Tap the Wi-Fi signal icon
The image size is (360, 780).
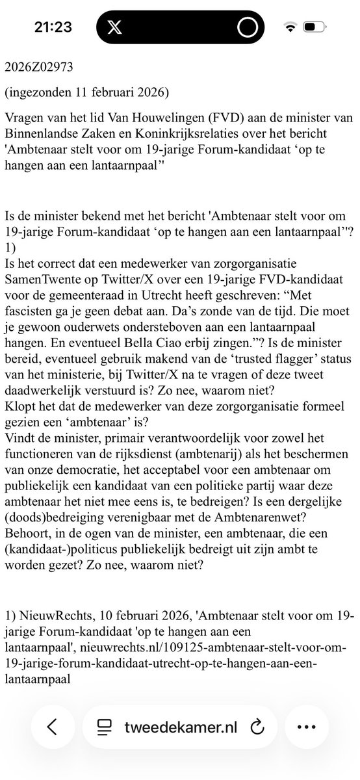(290, 28)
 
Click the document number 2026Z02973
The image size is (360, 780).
(38, 67)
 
